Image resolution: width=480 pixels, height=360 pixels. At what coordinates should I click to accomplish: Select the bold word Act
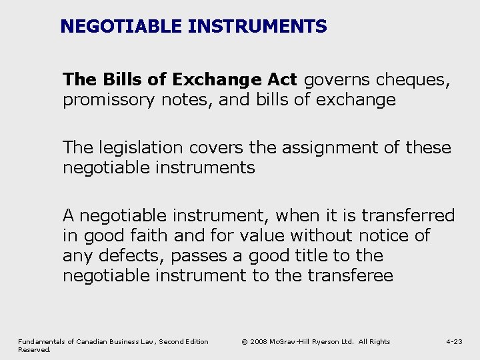click(x=283, y=80)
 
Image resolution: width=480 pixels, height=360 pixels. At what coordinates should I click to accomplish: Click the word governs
click(x=337, y=80)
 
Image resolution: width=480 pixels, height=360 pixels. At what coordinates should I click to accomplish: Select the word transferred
click(x=408, y=215)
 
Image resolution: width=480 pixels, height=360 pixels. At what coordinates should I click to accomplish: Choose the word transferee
click(x=351, y=275)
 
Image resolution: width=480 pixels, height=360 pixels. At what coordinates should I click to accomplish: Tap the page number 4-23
click(x=454, y=342)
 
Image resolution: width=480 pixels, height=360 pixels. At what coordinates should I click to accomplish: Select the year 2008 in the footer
click(x=261, y=342)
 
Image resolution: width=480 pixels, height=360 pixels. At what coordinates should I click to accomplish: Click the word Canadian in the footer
click(x=99, y=342)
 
